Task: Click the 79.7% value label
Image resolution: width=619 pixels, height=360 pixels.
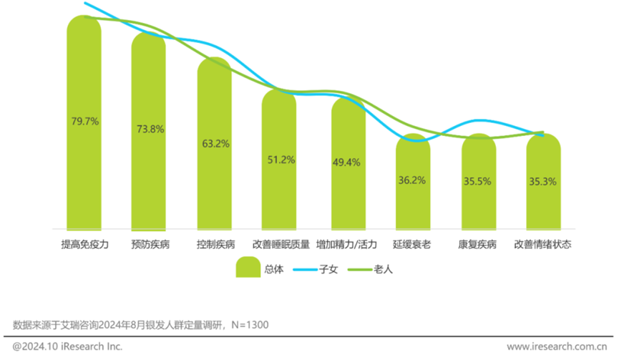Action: coord(84,121)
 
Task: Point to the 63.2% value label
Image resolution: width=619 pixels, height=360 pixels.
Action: coord(215,144)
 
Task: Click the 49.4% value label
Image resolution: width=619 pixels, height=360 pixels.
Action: coord(346,162)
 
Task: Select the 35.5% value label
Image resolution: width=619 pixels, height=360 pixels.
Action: coord(477,181)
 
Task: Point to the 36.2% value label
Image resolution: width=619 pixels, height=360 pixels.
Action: coord(412,180)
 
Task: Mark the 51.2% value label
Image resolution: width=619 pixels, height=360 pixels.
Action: coord(281,160)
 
